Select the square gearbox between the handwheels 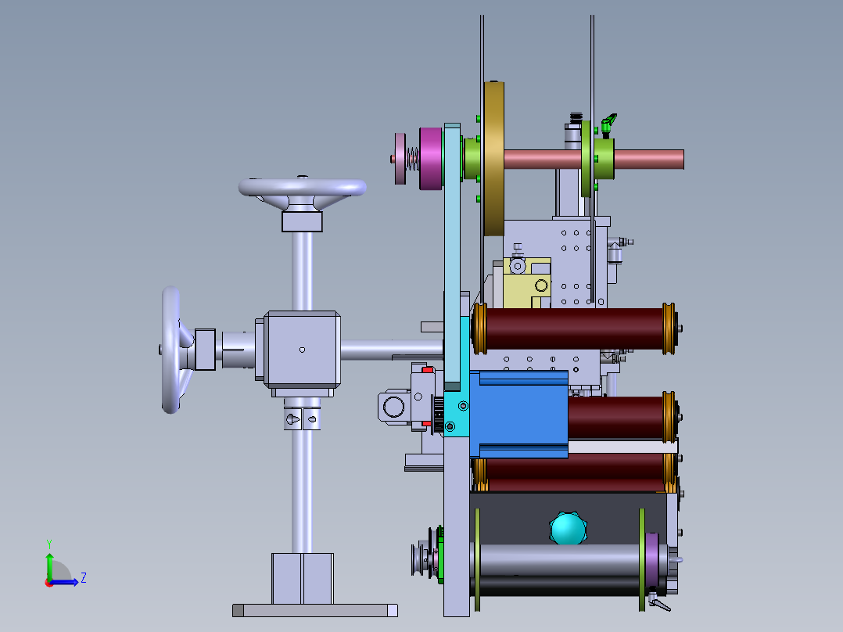302,349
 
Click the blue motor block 518,414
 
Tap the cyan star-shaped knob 569,529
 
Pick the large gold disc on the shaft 493,159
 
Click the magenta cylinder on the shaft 431,159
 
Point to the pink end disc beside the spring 400,159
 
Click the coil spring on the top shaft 412,159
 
